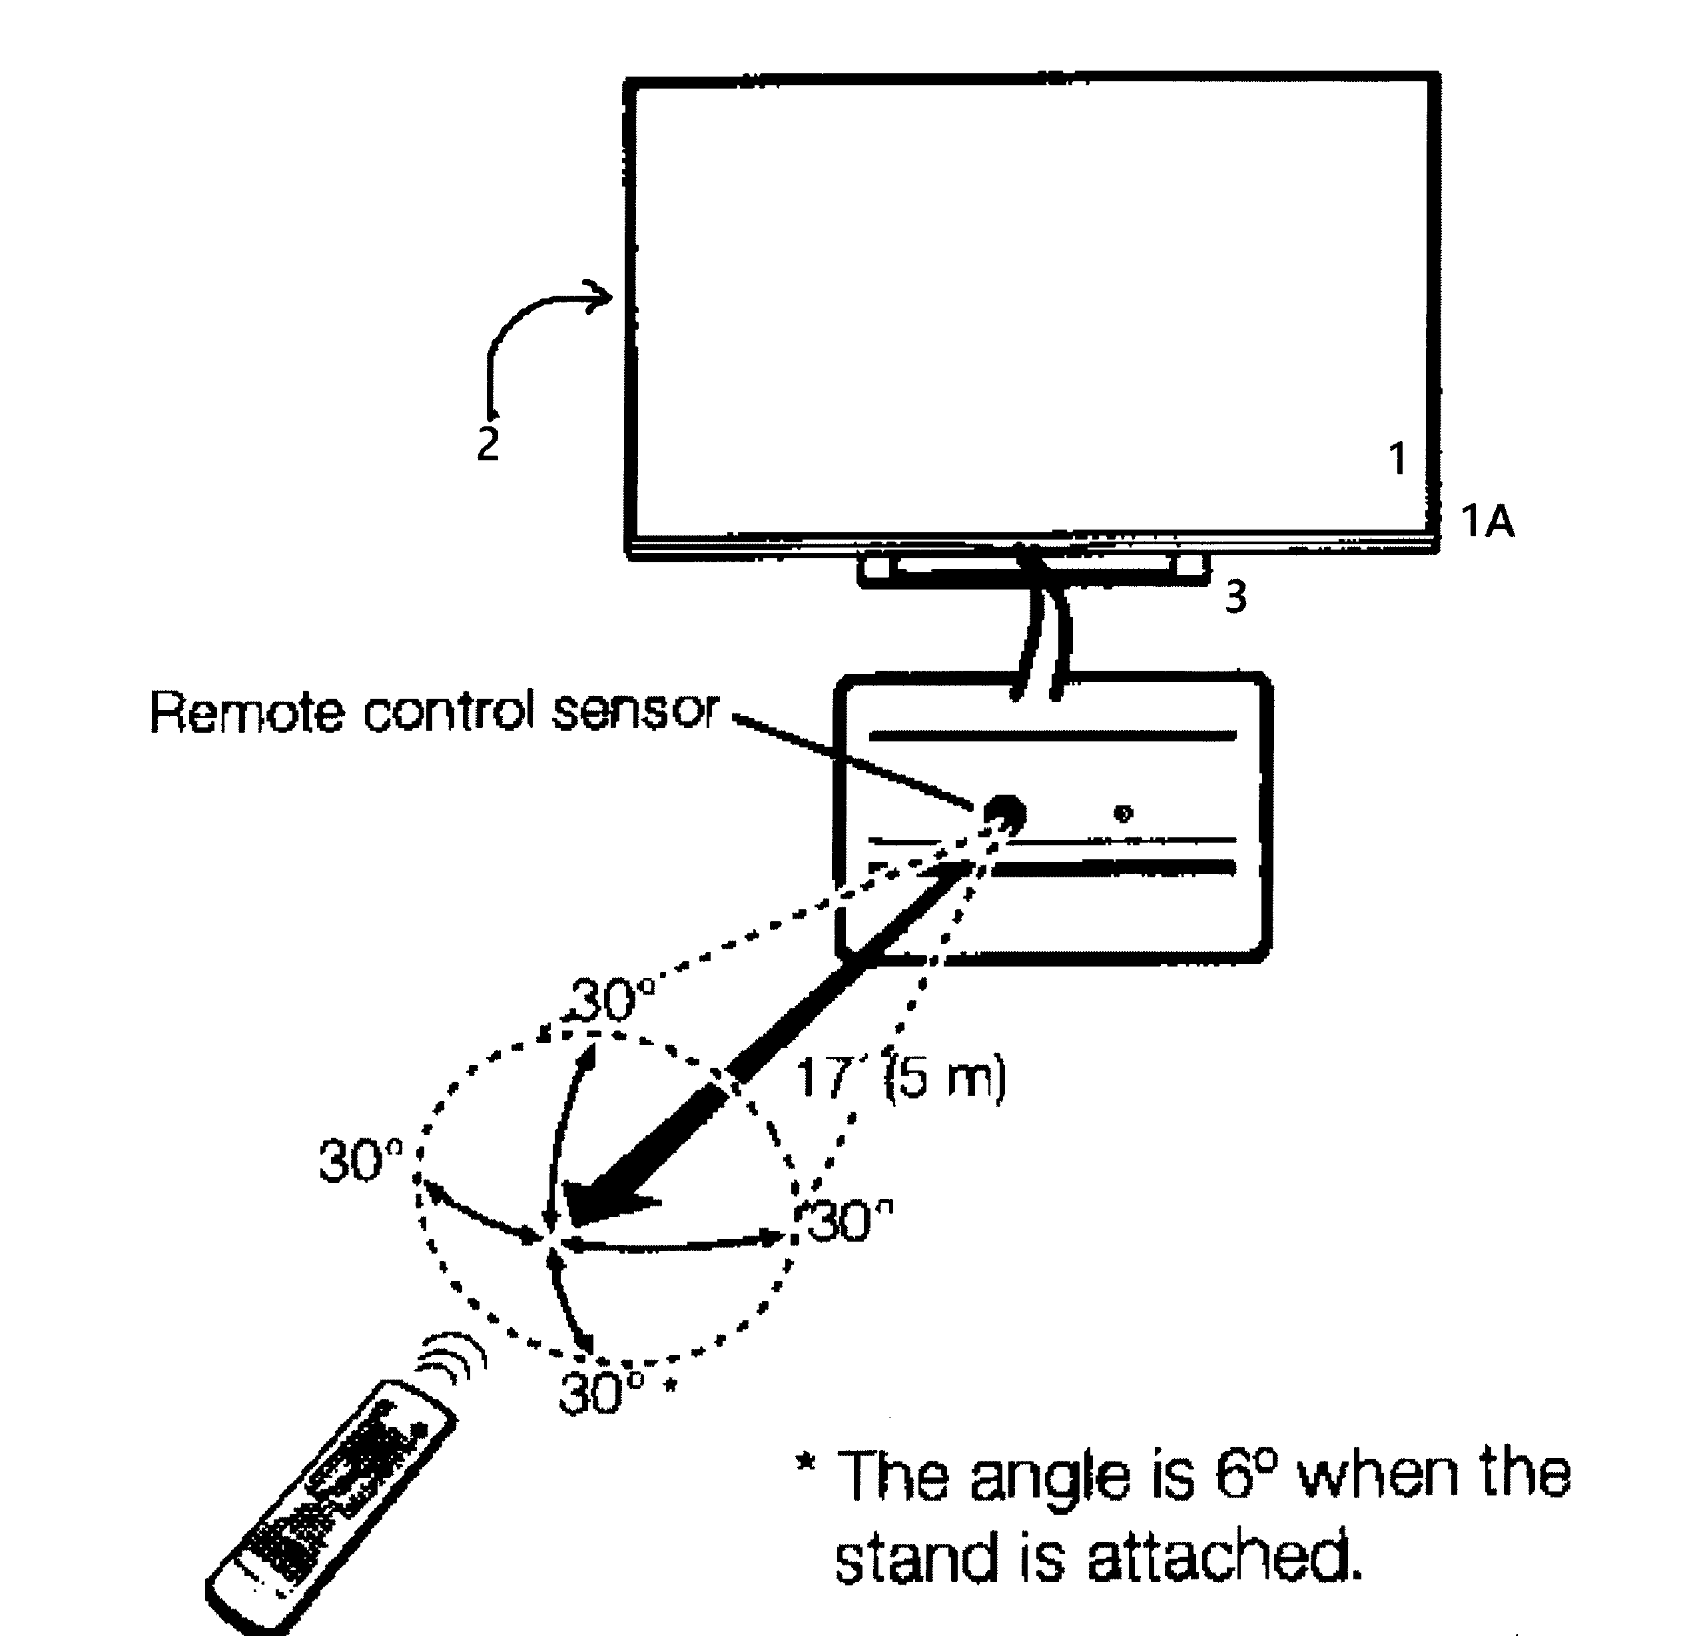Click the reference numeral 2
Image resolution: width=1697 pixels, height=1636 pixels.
(x=488, y=444)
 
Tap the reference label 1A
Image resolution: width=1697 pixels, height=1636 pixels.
(x=1487, y=522)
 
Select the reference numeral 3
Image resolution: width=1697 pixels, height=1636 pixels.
(x=1235, y=597)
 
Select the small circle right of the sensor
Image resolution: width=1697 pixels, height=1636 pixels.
(x=1123, y=813)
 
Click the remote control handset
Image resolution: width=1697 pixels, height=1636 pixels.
(x=328, y=1510)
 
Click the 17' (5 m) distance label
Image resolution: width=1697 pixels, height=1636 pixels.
(x=900, y=1078)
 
